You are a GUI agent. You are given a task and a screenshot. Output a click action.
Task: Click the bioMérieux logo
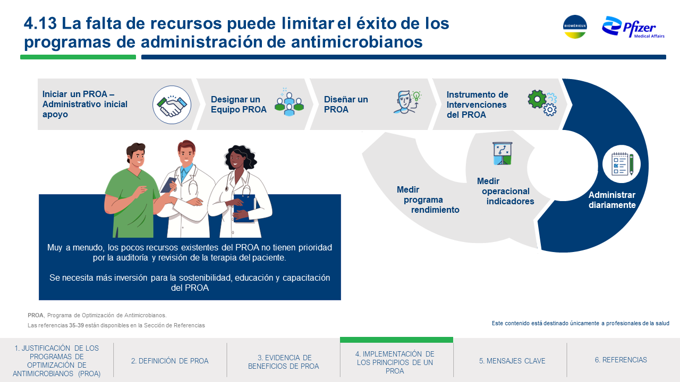pyautogui.click(x=575, y=27)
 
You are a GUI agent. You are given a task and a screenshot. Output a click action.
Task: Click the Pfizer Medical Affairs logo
pyautogui.click(x=633, y=28)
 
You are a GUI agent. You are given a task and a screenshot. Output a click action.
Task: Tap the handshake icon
pyautogui.click(x=172, y=105)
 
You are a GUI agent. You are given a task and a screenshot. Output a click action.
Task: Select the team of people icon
pyautogui.click(x=289, y=102)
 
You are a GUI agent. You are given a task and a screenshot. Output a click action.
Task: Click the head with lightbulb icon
pyautogui.click(x=407, y=102)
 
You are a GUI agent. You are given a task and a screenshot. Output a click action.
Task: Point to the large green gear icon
pyautogui.click(x=537, y=99)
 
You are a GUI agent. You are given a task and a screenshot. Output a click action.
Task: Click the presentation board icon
pyautogui.click(x=503, y=153)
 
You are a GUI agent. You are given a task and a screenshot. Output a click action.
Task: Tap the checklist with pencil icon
pyautogui.click(x=622, y=164)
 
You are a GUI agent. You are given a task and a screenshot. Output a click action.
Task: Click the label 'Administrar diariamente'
pyautogui.click(x=612, y=200)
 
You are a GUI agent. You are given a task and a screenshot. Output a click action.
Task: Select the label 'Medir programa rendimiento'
pyautogui.click(x=428, y=199)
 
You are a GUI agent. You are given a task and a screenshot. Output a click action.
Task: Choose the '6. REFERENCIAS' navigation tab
pyautogui.click(x=621, y=360)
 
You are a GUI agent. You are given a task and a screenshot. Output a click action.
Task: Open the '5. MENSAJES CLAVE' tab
pyautogui.click(x=512, y=361)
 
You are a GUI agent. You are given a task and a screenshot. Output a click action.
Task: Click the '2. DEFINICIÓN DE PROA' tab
pyautogui.click(x=169, y=361)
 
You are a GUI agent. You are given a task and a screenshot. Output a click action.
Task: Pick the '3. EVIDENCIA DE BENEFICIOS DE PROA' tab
pyautogui.click(x=284, y=362)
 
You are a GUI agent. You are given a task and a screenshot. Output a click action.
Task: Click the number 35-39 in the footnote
pyautogui.click(x=76, y=325)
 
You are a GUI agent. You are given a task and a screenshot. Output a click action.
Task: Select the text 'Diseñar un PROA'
pyautogui.click(x=346, y=105)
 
